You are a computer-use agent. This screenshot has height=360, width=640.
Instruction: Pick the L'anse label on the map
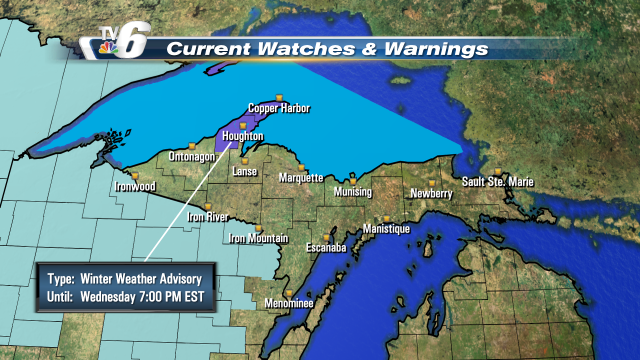[x=246, y=172]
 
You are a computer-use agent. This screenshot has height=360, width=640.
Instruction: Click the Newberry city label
[x=428, y=193]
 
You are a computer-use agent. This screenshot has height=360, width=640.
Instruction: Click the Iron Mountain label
[x=258, y=238]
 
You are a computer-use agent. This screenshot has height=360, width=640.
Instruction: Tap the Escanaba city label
[x=325, y=246]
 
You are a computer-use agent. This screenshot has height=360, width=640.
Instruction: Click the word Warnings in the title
[x=437, y=48]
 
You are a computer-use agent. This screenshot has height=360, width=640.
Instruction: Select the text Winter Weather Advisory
[x=153, y=278]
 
